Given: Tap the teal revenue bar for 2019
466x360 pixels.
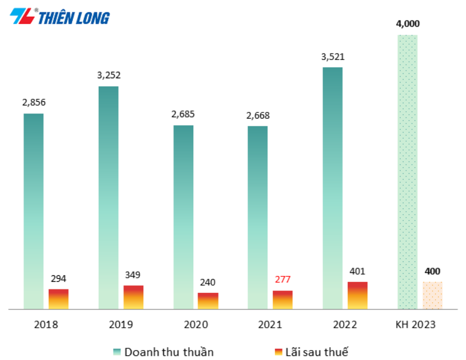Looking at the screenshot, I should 108,197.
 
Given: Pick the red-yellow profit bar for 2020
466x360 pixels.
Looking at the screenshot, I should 208,301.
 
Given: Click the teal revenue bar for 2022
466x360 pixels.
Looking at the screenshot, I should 333,188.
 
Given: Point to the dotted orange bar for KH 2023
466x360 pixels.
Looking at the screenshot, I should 432,295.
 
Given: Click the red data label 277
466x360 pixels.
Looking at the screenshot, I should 282,279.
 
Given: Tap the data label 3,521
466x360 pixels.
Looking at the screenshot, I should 333,57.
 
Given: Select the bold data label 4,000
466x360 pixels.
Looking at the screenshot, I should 408,24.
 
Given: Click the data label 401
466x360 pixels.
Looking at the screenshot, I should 357,271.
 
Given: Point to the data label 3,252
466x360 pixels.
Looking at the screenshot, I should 108,75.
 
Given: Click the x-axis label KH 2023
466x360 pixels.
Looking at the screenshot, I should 415,324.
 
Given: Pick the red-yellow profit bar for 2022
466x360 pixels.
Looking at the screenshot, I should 357,295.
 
